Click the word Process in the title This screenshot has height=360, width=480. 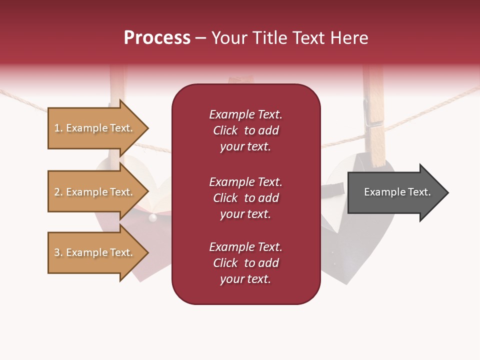[x=157, y=38]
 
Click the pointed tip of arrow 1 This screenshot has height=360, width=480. [x=147, y=128]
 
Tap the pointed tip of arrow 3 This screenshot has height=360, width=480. [x=147, y=252]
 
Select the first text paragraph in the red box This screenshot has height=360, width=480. [x=245, y=130]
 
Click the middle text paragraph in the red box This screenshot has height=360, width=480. [x=245, y=198]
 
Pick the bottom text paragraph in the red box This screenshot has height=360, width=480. [x=245, y=263]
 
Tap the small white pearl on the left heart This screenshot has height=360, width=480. [x=153, y=217]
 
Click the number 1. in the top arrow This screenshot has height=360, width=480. [x=58, y=128]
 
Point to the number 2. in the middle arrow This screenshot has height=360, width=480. [x=58, y=192]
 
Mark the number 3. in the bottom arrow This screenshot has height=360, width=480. [x=58, y=252]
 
